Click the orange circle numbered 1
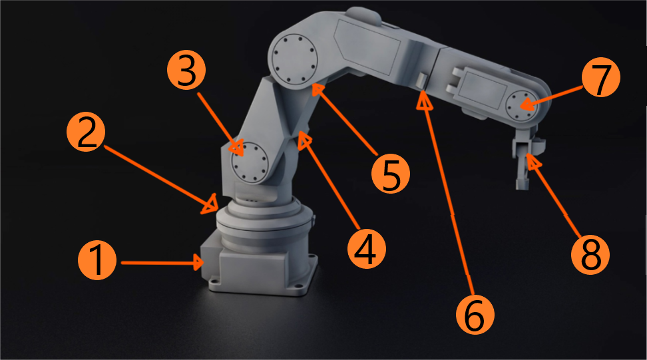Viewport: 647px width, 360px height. pyautogui.click(x=97, y=261)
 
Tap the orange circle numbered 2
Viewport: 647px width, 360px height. pyautogui.click(x=86, y=132)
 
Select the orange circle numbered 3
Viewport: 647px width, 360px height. pyautogui.click(x=186, y=71)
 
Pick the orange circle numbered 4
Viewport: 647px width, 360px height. pyautogui.click(x=367, y=250)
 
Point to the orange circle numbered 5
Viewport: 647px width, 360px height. pyautogui.click(x=391, y=174)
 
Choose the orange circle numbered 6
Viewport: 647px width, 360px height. pyautogui.click(x=475, y=315)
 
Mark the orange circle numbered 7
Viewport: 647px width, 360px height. pyautogui.click(x=601, y=78)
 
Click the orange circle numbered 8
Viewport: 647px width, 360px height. pyautogui.click(x=590, y=254)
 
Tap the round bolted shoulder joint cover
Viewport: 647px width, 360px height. pyautogui.click(x=250, y=162)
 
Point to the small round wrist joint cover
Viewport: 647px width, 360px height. pyautogui.click(x=522, y=106)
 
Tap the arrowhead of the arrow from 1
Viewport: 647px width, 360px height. pyautogui.click(x=198, y=262)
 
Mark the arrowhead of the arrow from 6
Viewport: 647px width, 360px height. pyautogui.click(x=424, y=100)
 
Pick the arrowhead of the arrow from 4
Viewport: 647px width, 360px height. pyautogui.click(x=304, y=140)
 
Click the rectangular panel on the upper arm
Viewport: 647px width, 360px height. pyautogui.click(x=367, y=47)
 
